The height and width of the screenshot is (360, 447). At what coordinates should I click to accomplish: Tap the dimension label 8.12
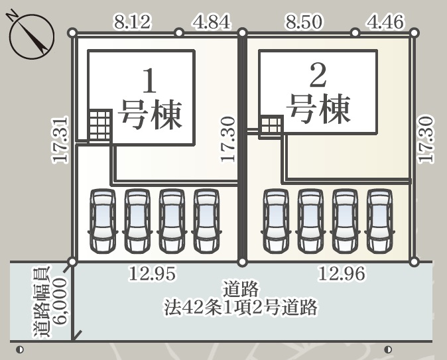pyautogui.click(x=133, y=23)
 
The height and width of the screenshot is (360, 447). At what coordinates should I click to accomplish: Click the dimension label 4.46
pyautogui.click(x=385, y=23)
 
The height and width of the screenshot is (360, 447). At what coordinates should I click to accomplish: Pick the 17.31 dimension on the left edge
pyautogui.click(x=61, y=140)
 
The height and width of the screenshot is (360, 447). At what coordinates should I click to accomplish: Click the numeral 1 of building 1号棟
pyautogui.click(x=150, y=82)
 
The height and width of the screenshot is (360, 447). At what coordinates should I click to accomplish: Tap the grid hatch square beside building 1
pyautogui.click(x=100, y=125)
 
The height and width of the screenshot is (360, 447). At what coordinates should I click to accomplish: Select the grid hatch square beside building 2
pyautogui.click(x=271, y=126)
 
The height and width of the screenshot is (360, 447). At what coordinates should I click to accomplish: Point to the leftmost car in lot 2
pyautogui.click(x=277, y=221)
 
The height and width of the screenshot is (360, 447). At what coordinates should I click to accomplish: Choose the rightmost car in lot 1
pyautogui.click(x=206, y=221)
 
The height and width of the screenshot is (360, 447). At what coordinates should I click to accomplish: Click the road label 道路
pyautogui.click(x=240, y=290)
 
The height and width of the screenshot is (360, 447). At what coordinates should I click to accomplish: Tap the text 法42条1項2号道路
pyautogui.click(x=241, y=307)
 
